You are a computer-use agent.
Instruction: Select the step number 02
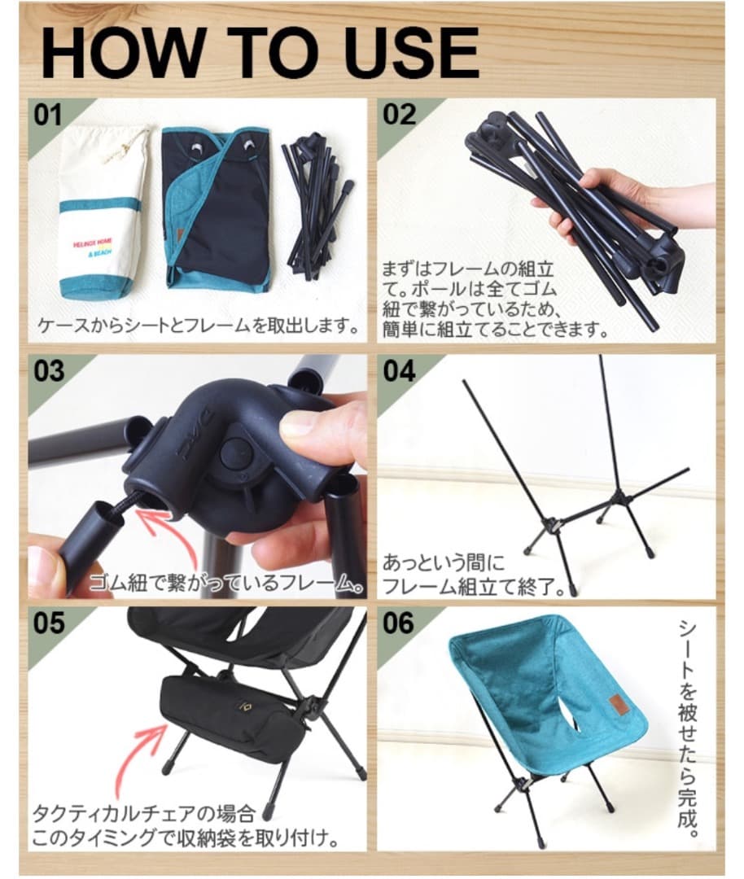click(x=399, y=115)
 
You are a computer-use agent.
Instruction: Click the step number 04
click(x=399, y=371)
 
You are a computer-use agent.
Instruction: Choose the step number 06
click(x=399, y=623)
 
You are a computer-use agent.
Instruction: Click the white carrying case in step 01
click(x=104, y=212)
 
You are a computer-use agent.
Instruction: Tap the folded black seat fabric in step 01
click(x=215, y=208)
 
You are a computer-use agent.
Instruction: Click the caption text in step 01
click(x=199, y=326)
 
